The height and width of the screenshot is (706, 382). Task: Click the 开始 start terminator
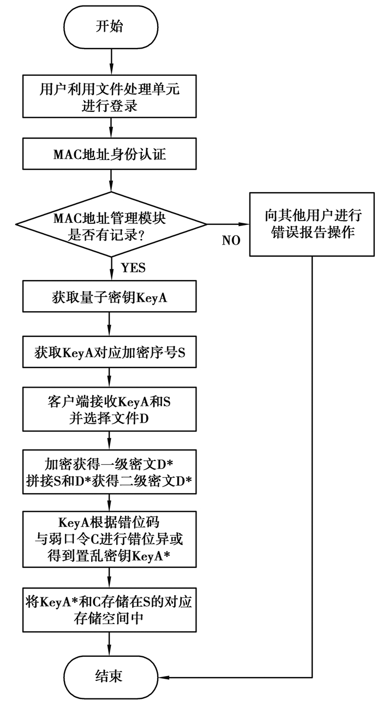[x=111, y=27]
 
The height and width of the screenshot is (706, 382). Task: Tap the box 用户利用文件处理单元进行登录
[x=111, y=97]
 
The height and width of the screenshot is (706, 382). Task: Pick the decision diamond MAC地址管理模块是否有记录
[x=111, y=224]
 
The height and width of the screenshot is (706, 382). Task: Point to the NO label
[x=231, y=240]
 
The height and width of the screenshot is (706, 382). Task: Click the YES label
[x=133, y=268]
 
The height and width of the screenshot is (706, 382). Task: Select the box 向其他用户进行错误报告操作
[x=312, y=224]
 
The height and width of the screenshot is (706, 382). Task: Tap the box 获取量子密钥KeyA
[x=111, y=298]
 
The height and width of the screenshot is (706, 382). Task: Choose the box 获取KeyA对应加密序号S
[x=111, y=352]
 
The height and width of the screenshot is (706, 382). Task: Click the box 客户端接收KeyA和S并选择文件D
[x=111, y=410]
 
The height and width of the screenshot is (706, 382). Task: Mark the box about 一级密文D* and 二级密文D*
[x=111, y=472]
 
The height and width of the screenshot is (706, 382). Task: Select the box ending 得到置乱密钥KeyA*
[x=111, y=538]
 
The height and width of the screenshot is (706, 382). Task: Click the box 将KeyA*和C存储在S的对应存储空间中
[x=111, y=610]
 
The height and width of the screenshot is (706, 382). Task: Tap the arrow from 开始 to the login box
[x=111, y=60]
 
